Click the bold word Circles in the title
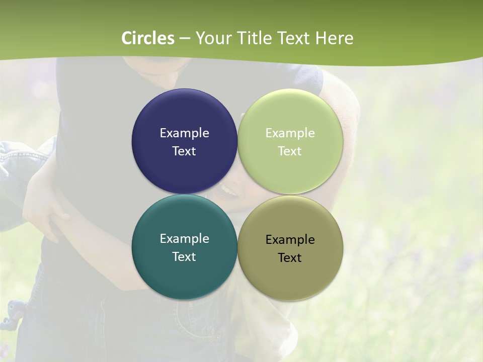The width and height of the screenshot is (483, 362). pos(148,38)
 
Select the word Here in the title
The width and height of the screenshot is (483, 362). pos(334,38)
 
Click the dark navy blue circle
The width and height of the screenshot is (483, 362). pos(184,116)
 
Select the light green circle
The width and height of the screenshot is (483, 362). pos(290,116)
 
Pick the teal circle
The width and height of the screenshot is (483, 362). pos(184,271)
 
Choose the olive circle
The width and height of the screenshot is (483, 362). pos(290,274)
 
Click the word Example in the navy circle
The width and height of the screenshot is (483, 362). pos(184,133)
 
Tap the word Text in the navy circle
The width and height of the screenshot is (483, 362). pos(184,151)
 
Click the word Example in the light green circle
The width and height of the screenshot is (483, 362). pos(290,133)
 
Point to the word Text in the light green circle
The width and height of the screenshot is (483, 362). pos(290,151)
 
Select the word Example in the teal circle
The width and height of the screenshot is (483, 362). pos(184,239)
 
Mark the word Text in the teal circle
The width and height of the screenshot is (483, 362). pos(184,257)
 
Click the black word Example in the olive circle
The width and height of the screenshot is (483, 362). pos(290,240)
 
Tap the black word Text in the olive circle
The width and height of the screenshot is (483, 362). pos(290,258)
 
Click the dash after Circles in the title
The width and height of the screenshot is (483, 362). pos(185,39)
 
